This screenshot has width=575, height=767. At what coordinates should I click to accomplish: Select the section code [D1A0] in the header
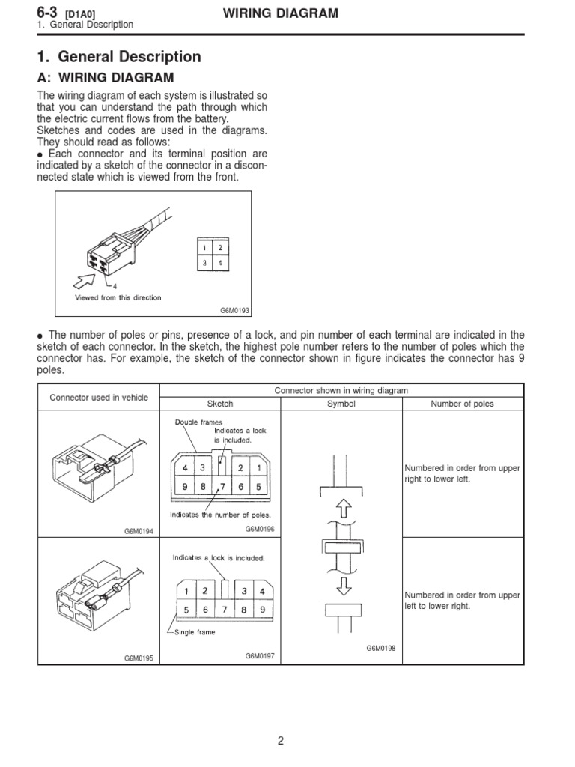[81, 14]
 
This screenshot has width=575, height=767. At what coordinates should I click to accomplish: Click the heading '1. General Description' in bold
[119, 57]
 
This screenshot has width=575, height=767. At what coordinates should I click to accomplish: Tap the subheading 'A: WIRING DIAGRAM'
[106, 78]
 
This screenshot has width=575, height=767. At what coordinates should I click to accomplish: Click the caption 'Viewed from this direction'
[118, 297]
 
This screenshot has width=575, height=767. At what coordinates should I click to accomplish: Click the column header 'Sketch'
[220, 404]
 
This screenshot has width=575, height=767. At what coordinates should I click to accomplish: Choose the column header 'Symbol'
[341, 404]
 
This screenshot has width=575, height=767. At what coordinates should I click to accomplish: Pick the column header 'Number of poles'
[463, 404]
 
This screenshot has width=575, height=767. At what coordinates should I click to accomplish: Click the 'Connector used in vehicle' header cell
[100, 397]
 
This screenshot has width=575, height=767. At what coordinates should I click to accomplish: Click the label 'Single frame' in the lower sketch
[195, 632]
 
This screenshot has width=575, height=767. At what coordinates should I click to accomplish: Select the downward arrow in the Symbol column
[341, 583]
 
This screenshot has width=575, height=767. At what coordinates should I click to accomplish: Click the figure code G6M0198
[380, 648]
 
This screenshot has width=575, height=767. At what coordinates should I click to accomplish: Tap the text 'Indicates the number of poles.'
[220, 515]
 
